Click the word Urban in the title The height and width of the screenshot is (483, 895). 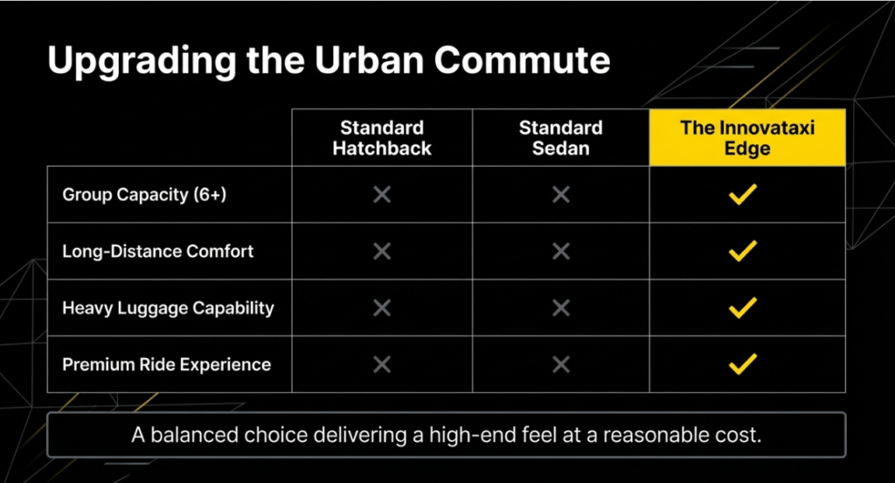click(369, 60)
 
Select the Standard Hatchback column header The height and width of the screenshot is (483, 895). click(382, 138)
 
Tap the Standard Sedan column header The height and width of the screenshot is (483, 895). click(560, 138)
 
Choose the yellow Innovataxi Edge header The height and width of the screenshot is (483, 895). click(747, 137)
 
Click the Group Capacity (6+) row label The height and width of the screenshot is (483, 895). click(144, 195)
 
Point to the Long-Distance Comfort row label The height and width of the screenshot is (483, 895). click(157, 251)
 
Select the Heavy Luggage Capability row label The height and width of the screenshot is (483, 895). click(168, 308)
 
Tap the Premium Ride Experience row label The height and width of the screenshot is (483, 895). click(166, 364)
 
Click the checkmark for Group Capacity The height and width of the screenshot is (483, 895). click(743, 195)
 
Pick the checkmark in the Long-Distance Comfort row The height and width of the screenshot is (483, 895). click(743, 251)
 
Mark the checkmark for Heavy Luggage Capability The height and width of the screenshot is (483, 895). click(743, 308)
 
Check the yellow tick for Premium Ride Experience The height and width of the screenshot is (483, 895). click(743, 364)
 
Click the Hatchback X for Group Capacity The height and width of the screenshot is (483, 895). click(382, 195)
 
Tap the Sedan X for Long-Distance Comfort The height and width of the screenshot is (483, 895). click(561, 251)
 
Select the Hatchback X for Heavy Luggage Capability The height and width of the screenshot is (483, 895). click(382, 308)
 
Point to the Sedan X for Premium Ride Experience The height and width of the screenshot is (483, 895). click(561, 364)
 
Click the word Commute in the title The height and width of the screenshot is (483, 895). click(522, 60)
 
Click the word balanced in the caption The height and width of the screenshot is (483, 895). click(194, 435)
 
